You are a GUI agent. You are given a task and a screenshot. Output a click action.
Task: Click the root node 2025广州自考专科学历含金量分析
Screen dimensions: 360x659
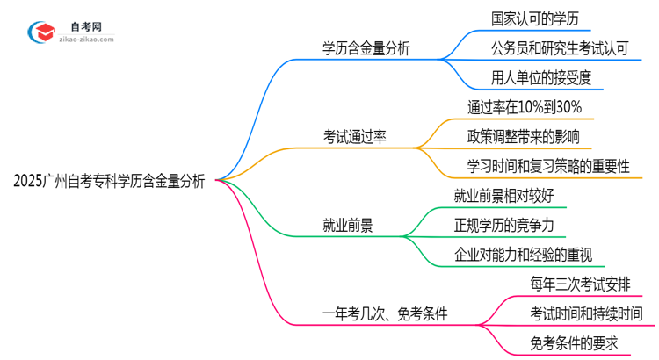[110, 181]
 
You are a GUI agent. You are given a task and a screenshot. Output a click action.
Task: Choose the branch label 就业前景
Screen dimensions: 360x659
[348, 226]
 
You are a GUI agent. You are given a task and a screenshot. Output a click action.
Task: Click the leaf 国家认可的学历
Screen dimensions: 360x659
[534, 18]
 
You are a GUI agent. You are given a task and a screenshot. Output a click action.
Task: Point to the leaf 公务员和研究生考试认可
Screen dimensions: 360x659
[561, 47]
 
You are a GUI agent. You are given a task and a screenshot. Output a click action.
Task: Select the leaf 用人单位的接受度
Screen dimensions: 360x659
[541, 77]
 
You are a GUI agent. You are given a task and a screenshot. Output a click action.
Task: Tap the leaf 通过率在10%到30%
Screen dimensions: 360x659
[525, 107]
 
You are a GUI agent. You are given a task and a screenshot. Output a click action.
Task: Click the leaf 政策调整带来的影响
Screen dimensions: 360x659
[524, 136]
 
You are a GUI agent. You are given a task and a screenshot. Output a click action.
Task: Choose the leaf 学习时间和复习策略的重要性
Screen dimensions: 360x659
[548, 166]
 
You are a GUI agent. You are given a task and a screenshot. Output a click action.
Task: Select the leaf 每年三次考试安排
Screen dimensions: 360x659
[580, 284]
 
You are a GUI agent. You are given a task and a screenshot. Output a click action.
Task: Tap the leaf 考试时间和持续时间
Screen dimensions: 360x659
[586, 314]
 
